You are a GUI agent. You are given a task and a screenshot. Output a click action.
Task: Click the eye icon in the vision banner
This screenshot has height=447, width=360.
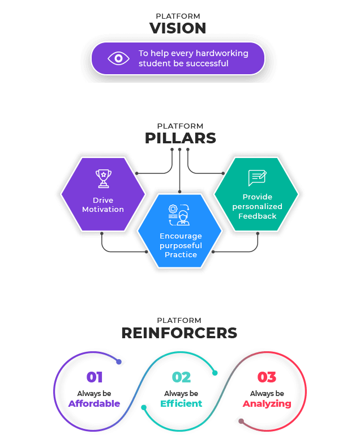click(x=118, y=58)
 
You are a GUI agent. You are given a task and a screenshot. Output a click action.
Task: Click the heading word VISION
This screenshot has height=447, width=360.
click(x=178, y=28)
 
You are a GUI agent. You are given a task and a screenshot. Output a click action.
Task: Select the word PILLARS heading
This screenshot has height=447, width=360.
click(x=180, y=138)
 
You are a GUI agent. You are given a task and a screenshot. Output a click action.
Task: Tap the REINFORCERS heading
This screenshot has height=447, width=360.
click(x=179, y=333)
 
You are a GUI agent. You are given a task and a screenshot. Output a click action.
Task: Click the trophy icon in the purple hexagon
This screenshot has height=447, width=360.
click(x=103, y=178)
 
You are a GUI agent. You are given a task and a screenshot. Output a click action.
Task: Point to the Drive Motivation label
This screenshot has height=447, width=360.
click(x=103, y=205)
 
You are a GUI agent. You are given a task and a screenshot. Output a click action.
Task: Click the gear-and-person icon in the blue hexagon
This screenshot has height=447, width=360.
click(x=179, y=215)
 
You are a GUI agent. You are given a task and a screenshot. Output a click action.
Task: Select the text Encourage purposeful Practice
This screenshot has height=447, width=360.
click(x=181, y=245)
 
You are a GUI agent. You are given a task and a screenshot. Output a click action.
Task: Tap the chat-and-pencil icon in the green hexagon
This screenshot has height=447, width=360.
click(x=257, y=178)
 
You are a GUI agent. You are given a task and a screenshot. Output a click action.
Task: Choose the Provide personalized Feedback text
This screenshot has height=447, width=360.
click(x=257, y=207)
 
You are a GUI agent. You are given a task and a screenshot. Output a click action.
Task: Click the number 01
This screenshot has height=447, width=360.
click(x=95, y=377)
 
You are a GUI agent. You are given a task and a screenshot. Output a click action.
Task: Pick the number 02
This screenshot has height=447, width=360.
click(x=181, y=377)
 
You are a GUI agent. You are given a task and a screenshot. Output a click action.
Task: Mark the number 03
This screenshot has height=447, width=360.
click(x=267, y=377)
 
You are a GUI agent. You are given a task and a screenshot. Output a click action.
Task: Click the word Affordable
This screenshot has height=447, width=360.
click(x=95, y=404)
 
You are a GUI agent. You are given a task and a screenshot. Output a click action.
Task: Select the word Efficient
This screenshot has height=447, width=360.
click(x=181, y=404)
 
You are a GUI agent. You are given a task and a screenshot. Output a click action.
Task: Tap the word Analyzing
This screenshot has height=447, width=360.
click(x=267, y=404)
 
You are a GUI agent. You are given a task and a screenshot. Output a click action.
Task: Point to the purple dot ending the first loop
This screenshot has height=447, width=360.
click(x=118, y=361)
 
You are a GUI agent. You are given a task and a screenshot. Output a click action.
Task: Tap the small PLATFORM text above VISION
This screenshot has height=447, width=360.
click(x=178, y=16)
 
